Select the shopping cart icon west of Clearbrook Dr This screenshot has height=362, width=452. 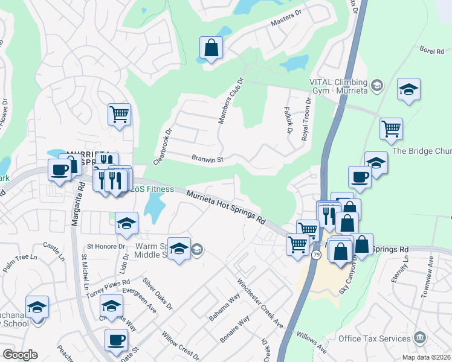(x=120, y=114)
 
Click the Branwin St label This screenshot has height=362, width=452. (x=208, y=160)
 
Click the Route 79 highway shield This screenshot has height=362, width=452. (x=316, y=255)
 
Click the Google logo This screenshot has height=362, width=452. (x=20, y=355)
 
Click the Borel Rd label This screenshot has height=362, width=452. (x=431, y=52)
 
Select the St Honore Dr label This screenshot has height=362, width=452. (x=106, y=246)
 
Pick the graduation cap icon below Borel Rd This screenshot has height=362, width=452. (x=409, y=90)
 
